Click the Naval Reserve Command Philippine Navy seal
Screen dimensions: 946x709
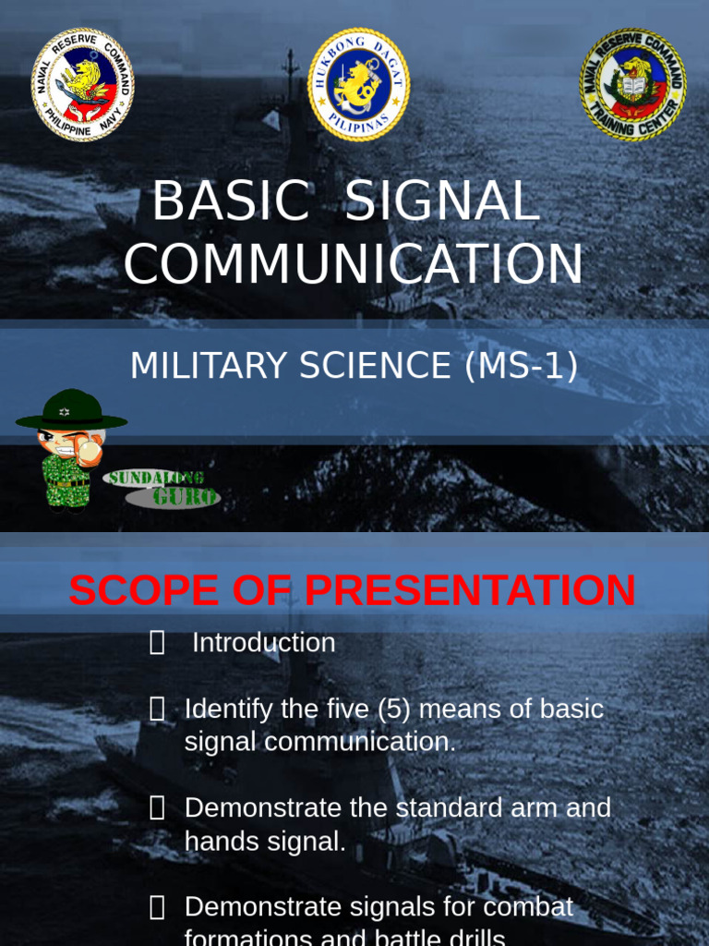tap(83, 85)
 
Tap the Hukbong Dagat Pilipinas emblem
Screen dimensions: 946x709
tap(358, 85)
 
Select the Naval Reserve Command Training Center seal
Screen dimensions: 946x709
tap(632, 85)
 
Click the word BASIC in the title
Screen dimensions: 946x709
tap(231, 201)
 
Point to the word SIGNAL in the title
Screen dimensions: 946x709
tap(441, 201)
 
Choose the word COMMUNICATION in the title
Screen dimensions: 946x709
tap(354, 263)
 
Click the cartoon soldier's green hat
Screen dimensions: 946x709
tap(71, 410)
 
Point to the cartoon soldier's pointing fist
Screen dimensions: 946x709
tap(89, 451)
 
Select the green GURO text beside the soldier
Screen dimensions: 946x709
tap(186, 497)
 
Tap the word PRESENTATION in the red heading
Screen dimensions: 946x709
tap(470, 591)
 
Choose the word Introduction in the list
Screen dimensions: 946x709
tap(263, 643)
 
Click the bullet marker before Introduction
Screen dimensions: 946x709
tap(157, 643)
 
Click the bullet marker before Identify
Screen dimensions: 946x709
tap(157, 709)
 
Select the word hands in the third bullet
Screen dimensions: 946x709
tap(216, 841)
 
